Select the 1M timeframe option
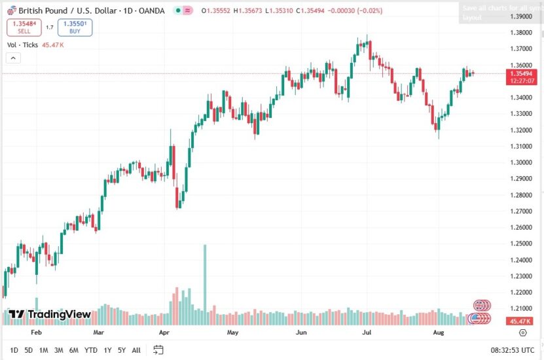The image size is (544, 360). pyautogui.click(x=43, y=350)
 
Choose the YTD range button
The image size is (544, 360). pyautogui.click(x=90, y=350)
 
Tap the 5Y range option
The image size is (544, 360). pyautogui.click(x=122, y=350)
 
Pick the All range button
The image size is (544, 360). pyautogui.click(x=136, y=350)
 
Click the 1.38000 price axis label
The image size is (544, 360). pyautogui.click(x=521, y=33)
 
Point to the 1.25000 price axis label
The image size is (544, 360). pyautogui.click(x=521, y=243)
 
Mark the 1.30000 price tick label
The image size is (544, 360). pyautogui.click(x=521, y=162)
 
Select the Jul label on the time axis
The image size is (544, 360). pyautogui.click(x=367, y=333)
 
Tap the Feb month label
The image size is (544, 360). pyautogui.click(x=36, y=333)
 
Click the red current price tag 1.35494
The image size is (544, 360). pyautogui.click(x=521, y=73)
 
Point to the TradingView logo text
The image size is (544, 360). pyautogui.click(x=59, y=315)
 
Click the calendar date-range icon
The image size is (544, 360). pyautogui.click(x=158, y=350)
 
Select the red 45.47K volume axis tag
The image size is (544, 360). pyautogui.click(x=520, y=321)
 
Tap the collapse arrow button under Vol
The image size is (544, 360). pyautogui.click(x=13, y=58)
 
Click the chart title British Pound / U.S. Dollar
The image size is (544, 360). pyautogui.click(x=73, y=11)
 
